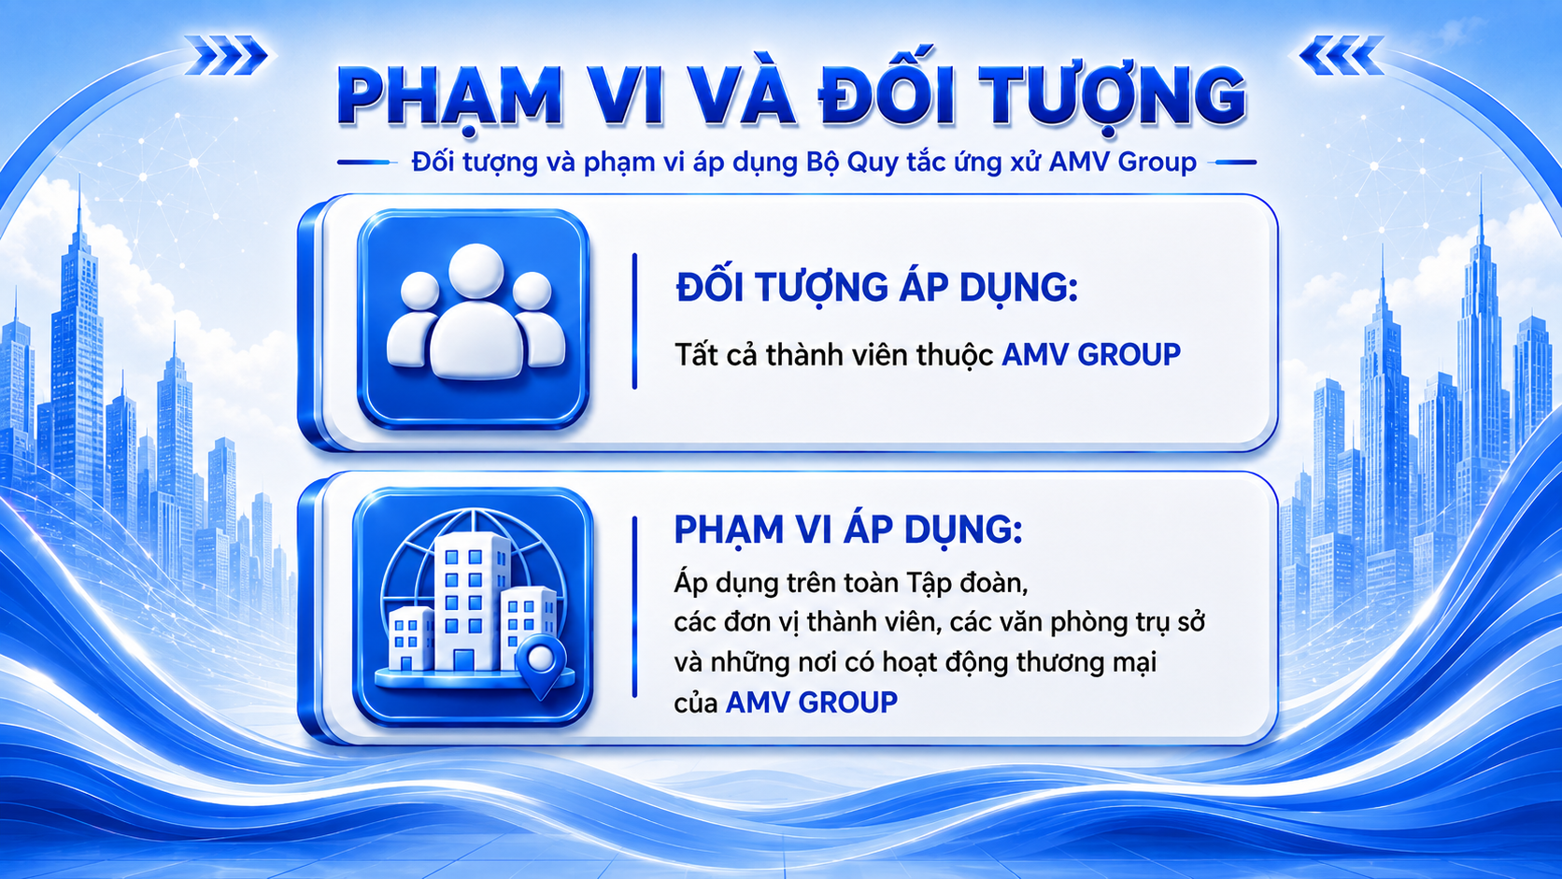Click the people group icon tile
tap(473, 319)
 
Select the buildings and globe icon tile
tap(473, 606)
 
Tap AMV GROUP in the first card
tap(1090, 354)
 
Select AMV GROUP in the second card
tap(812, 702)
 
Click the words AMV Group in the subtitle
tap(1123, 163)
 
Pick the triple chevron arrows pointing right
tap(227, 55)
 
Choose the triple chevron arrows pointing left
tap(1341, 55)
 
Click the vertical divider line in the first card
tap(634, 320)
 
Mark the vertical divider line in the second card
tap(634, 606)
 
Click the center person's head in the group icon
tap(476, 271)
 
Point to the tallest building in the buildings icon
tap(472, 601)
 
